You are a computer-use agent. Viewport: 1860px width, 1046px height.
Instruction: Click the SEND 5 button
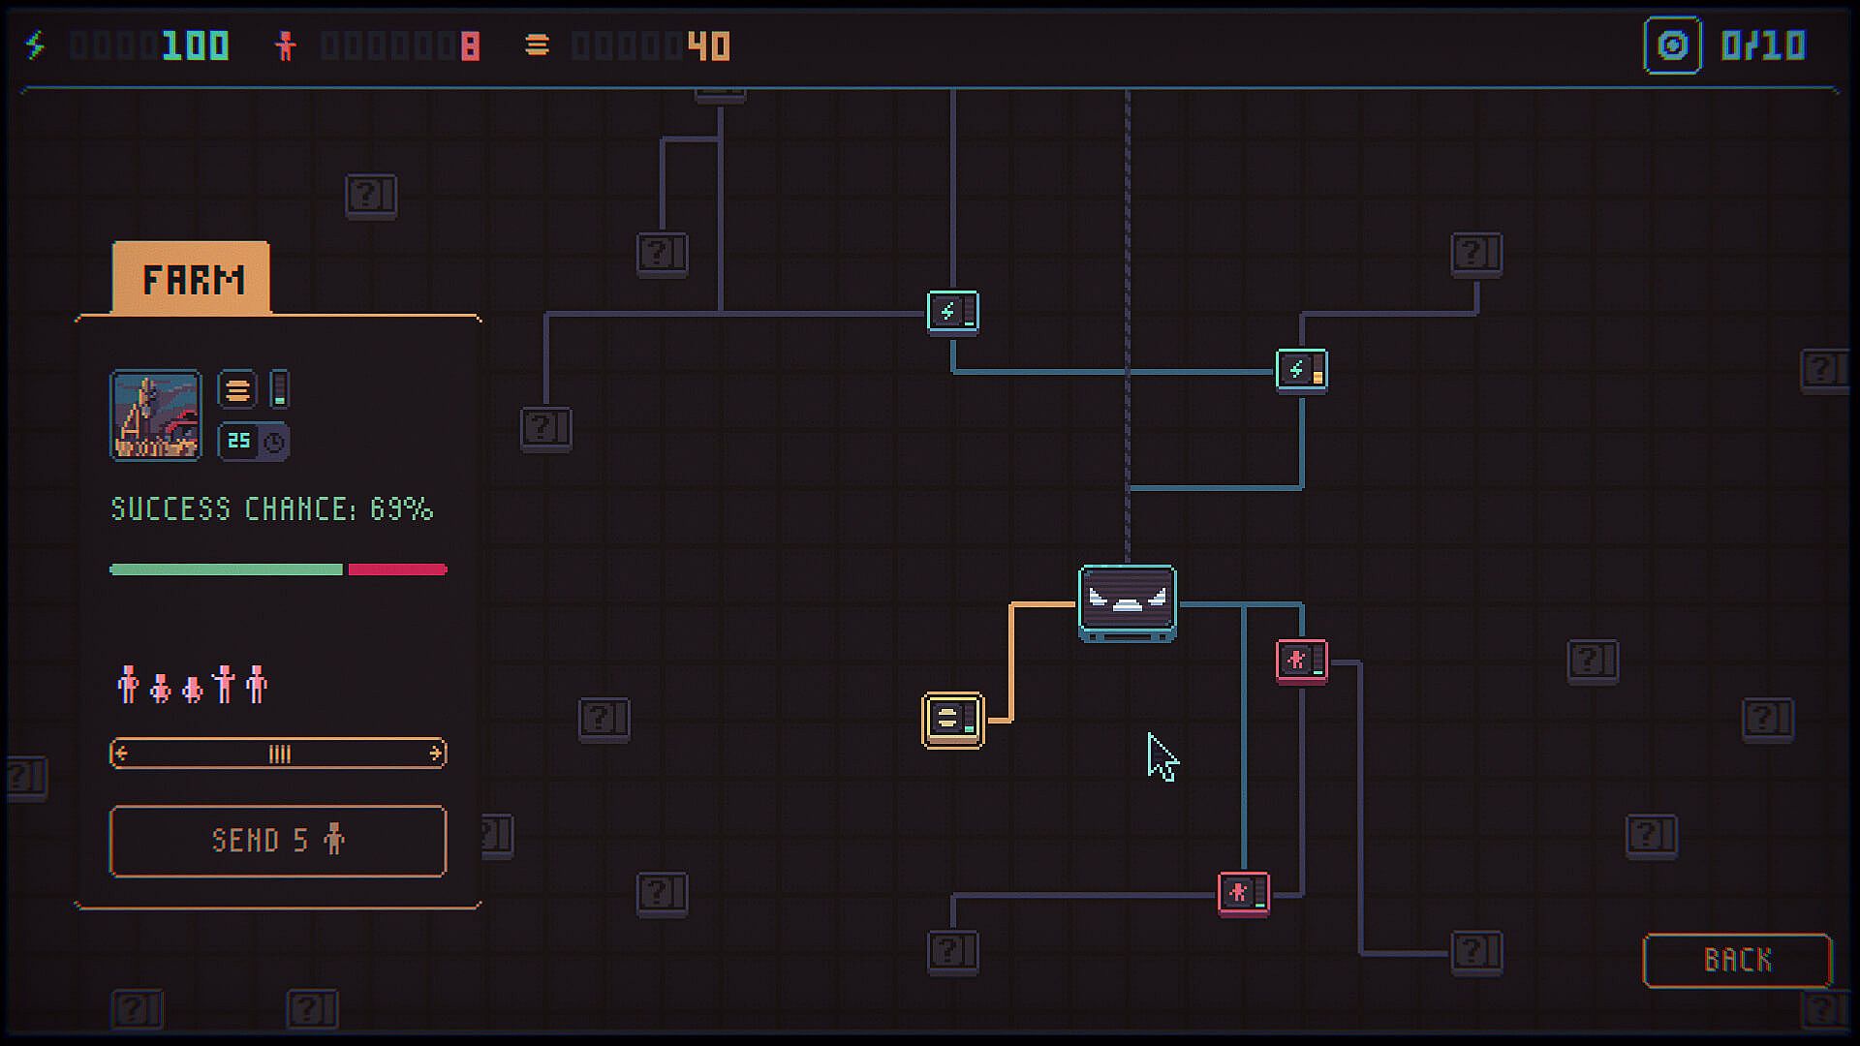[x=278, y=841]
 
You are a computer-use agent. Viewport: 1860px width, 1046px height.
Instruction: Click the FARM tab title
[x=193, y=280]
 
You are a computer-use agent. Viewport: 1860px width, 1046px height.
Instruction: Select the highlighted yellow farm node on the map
[x=953, y=720]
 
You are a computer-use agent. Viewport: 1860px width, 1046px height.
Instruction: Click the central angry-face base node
[x=1128, y=603]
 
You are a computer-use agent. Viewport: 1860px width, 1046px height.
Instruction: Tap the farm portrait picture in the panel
[x=156, y=415]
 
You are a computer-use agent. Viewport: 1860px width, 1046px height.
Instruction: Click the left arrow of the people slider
[x=121, y=754]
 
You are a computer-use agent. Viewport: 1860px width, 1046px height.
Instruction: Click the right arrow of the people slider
[x=436, y=754]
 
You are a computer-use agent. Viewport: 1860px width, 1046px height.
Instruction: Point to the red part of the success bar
[x=397, y=569]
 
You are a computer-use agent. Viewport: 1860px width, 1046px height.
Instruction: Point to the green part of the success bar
[x=226, y=569]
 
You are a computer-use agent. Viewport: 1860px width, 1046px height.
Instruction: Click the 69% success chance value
[x=401, y=509]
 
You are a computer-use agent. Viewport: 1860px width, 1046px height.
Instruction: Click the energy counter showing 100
[x=196, y=46]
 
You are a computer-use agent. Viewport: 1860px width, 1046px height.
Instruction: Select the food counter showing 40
[x=708, y=46]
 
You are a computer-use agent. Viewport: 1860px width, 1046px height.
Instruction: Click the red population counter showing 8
[x=470, y=46]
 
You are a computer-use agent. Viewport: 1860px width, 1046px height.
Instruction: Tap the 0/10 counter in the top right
[x=1763, y=46]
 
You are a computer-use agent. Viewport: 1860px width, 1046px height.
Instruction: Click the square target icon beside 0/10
[x=1673, y=46]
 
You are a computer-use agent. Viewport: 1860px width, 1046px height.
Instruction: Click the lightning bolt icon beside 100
[x=36, y=46]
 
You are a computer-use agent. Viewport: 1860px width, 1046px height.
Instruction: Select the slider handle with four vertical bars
[x=279, y=754]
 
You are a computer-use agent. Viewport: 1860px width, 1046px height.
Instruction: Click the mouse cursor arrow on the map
[x=1162, y=756]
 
